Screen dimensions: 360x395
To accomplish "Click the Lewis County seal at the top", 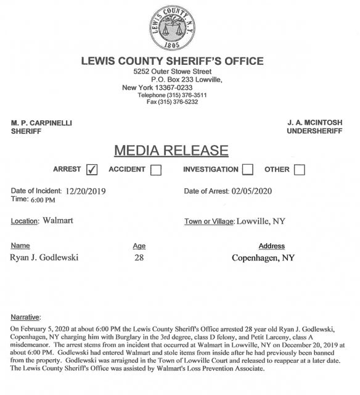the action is (179, 27).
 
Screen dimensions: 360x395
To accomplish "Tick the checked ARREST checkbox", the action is (92, 170).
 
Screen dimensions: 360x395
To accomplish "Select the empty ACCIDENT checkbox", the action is (155, 170).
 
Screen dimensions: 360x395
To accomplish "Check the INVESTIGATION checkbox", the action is (247, 170).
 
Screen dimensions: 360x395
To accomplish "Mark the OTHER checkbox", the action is (299, 170).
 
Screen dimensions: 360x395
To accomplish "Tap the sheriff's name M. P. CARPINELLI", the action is (42, 123).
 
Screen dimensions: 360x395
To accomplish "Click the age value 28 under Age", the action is (139, 257).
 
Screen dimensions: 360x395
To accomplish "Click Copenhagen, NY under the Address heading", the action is (263, 257).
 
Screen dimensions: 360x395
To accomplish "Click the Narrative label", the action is (27, 317).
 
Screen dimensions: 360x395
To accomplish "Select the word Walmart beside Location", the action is (58, 220).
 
